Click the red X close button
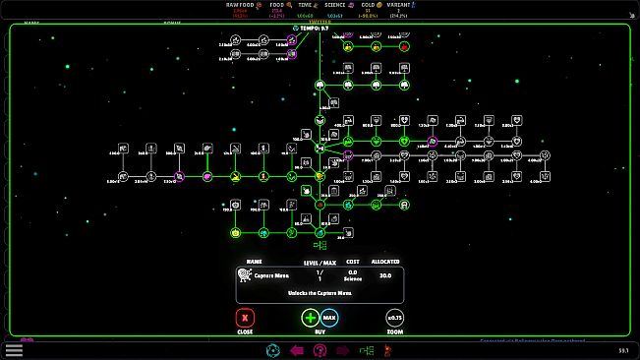246,318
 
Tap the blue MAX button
329,318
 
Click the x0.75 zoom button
394,318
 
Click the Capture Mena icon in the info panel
245,275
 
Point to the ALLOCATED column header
385,262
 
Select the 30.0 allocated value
385,275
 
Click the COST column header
353,262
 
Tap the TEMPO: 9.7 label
314,29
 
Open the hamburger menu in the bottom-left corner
14,349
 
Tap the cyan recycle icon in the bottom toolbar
272,350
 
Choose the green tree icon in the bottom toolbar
366,350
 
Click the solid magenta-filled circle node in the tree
208,177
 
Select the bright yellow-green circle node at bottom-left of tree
236,233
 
